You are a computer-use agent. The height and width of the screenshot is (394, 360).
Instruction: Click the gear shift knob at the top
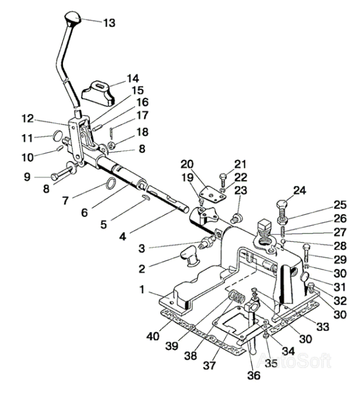click(x=73, y=18)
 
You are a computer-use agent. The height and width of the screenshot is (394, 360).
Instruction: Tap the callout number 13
click(x=109, y=23)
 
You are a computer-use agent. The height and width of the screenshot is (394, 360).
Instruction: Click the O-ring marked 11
click(x=58, y=136)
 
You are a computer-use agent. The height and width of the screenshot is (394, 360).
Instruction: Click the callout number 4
click(x=122, y=237)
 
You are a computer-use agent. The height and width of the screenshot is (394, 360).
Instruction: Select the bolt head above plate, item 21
click(x=223, y=178)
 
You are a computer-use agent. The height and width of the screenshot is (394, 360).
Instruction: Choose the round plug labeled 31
click(x=305, y=277)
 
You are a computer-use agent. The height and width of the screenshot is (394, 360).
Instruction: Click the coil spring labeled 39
click(x=237, y=297)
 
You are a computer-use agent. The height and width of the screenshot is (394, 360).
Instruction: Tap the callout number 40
click(x=153, y=336)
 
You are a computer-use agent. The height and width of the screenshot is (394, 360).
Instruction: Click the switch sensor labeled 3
click(x=207, y=241)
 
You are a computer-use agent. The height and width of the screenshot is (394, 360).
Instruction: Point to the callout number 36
click(x=254, y=375)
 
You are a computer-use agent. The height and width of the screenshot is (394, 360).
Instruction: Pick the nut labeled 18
click(x=111, y=145)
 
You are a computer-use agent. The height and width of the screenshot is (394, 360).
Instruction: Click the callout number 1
click(x=142, y=289)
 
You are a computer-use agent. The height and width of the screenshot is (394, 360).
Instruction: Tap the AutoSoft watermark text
click(x=294, y=361)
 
